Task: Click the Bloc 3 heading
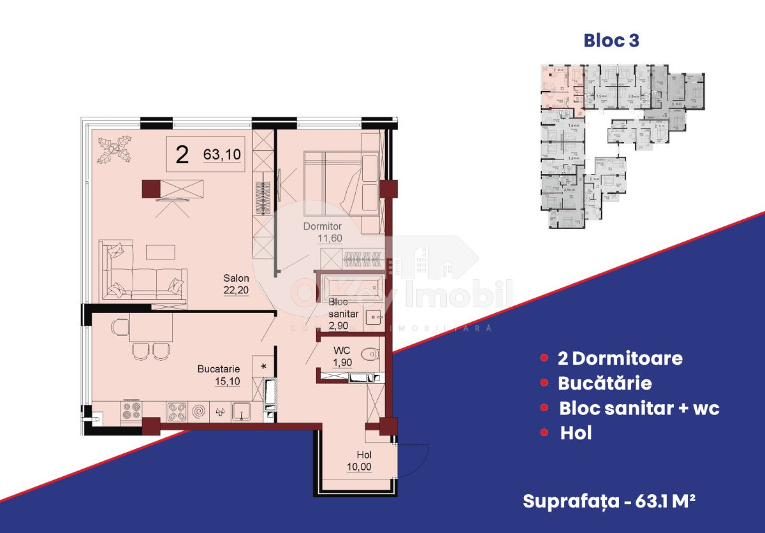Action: click(x=611, y=41)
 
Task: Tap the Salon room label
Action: click(x=236, y=278)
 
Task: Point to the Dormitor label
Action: click(x=323, y=226)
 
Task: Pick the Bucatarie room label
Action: click(x=219, y=369)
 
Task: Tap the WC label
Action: click(x=343, y=350)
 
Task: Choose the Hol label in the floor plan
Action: click(x=365, y=455)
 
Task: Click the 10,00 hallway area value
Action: click(x=360, y=467)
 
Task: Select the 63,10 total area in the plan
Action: click(x=222, y=154)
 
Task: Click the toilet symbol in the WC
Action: click(x=368, y=354)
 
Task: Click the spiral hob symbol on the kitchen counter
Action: click(x=199, y=412)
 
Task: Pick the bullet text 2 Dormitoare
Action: click(x=620, y=358)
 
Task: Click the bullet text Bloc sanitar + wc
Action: click(x=639, y=408)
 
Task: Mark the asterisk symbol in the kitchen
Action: click(x=263, y=367)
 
